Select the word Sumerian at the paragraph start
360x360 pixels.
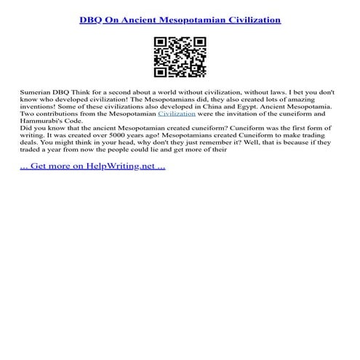(x=35, y=94)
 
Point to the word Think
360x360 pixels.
(x=84, y=94)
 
